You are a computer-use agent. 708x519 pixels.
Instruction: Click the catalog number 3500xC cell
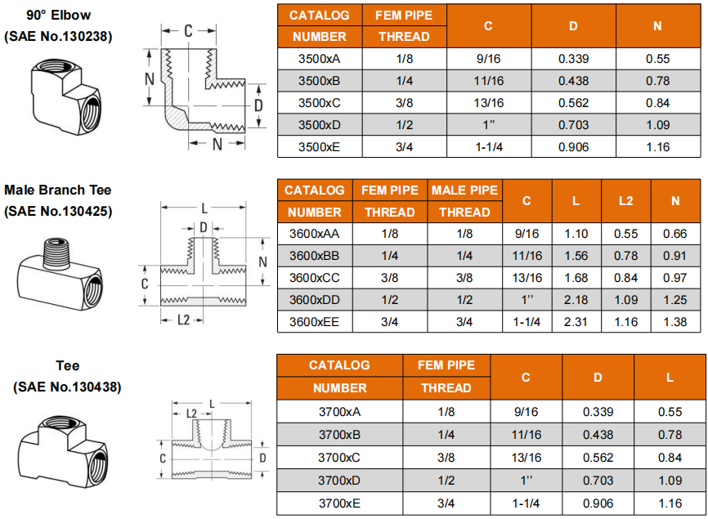click(x=319, y=103)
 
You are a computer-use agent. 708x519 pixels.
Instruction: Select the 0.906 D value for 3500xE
click(x=573, y=147)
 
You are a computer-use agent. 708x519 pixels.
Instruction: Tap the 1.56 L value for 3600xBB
click(x=576, y=256)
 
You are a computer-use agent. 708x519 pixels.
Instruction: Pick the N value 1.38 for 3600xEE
click(x=675, y=322)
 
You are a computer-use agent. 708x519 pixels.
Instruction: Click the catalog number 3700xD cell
click(x=339, y=481)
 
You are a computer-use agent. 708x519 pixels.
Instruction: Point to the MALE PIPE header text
click(x=464, y=190)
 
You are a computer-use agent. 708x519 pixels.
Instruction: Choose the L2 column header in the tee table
click(x=625, y=201)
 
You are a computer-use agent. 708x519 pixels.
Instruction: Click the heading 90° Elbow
click(x=59, y=15)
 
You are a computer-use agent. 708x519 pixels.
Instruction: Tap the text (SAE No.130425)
click(x=58, y=211)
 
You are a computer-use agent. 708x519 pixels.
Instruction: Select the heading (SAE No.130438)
click(x=67, y=387)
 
